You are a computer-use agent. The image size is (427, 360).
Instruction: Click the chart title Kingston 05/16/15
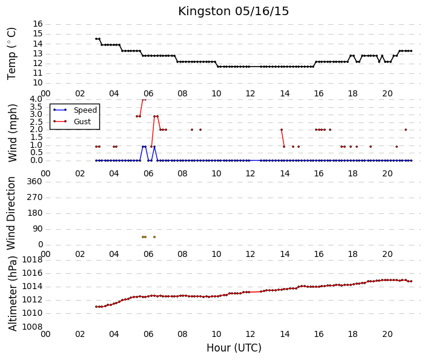[x=233, y=12]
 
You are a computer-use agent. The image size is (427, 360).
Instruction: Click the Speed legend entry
[x=75, y=110]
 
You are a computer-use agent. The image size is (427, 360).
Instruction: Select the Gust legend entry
[x=72, y=122]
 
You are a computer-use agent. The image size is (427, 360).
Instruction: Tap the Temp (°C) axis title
[x=12, y=54]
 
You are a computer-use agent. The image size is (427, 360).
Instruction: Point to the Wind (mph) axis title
[x=12, y=133]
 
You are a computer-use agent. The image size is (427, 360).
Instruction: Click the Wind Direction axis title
[x=11, y=213]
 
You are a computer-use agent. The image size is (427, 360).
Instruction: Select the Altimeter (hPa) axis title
[x=12, y=294]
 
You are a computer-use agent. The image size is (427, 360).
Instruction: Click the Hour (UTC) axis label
[x=234, y=348]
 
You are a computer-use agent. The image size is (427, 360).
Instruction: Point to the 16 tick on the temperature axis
[x=38, y=24]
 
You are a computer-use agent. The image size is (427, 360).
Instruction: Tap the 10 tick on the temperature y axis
[x=38, y=83]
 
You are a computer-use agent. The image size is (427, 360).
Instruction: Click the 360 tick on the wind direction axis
[x=35, y=181]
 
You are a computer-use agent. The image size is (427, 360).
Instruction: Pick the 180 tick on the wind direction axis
[x=35, y=213]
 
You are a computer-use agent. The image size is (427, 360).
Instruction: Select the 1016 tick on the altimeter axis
[x=33, y=273]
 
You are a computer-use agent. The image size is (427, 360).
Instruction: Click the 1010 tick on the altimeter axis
[x=33, y=313]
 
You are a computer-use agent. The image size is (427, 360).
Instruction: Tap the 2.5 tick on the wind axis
[x=36, y=122]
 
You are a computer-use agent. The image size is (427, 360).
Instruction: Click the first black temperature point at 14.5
[x=96, y=39]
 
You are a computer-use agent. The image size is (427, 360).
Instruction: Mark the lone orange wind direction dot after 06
[x=154, y=237]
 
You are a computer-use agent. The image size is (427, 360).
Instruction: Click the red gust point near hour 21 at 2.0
[x=406, y=130]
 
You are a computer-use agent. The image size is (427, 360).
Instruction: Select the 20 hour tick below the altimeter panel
[x=387, y=334]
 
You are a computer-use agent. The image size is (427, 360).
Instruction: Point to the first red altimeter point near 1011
[x=96, y=307]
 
